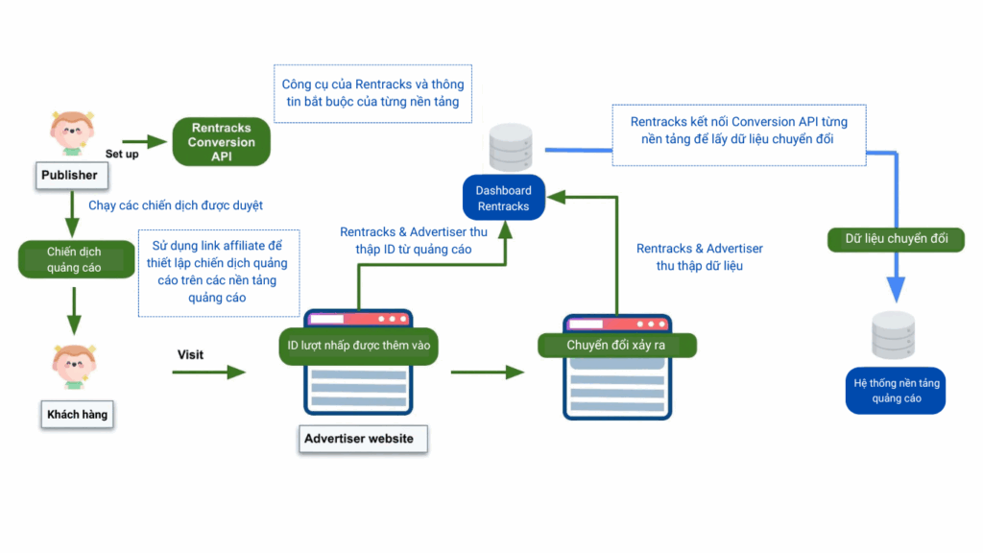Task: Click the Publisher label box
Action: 69,176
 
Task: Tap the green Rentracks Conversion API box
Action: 221,142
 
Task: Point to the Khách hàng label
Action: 77,415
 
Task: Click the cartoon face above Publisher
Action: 72,132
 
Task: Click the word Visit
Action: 190,354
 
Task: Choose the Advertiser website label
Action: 359,439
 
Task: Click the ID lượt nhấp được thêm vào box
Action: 358,346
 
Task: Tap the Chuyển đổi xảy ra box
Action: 616,346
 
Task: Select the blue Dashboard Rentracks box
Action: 503,198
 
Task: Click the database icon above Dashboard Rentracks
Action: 510,147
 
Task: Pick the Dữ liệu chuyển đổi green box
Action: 896,239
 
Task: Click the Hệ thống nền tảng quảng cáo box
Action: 896,390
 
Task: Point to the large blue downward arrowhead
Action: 896,289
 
